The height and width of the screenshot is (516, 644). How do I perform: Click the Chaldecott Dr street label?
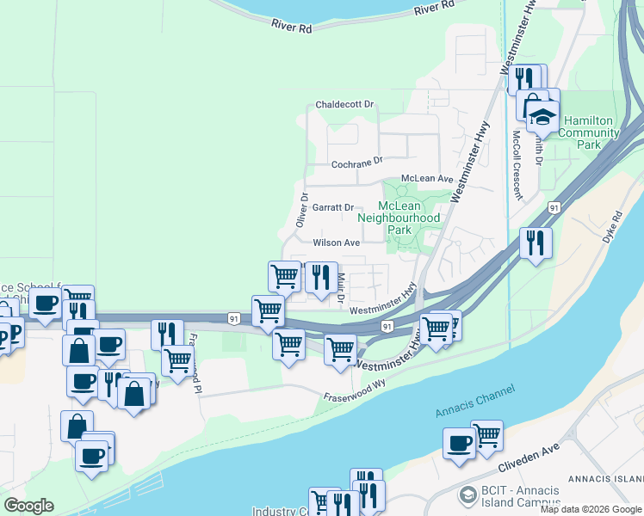(x=346, y=105)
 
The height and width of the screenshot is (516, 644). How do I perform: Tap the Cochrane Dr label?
(x=356, y=162)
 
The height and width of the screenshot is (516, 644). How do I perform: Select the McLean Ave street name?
(x=427, y=179)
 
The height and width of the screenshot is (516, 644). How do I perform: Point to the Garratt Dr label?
(x=333, y=207)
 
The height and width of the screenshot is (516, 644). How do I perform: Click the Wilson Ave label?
(x=336, y=243)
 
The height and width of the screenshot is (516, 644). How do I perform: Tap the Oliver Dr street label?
(x=302, y=210)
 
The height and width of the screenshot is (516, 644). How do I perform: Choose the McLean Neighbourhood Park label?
(x=410, y=218)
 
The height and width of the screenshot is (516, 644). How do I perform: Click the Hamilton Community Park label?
(x=588, y=138)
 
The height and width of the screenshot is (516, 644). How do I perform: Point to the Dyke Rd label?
(x=612, y=228)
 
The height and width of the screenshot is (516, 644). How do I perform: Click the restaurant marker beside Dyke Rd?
(x=536, y=243)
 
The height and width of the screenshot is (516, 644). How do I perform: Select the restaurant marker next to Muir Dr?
(x=321, y=277)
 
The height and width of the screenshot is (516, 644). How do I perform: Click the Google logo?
(x=28, y=505)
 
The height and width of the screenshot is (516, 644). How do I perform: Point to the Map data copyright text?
(x=591, y=509)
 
